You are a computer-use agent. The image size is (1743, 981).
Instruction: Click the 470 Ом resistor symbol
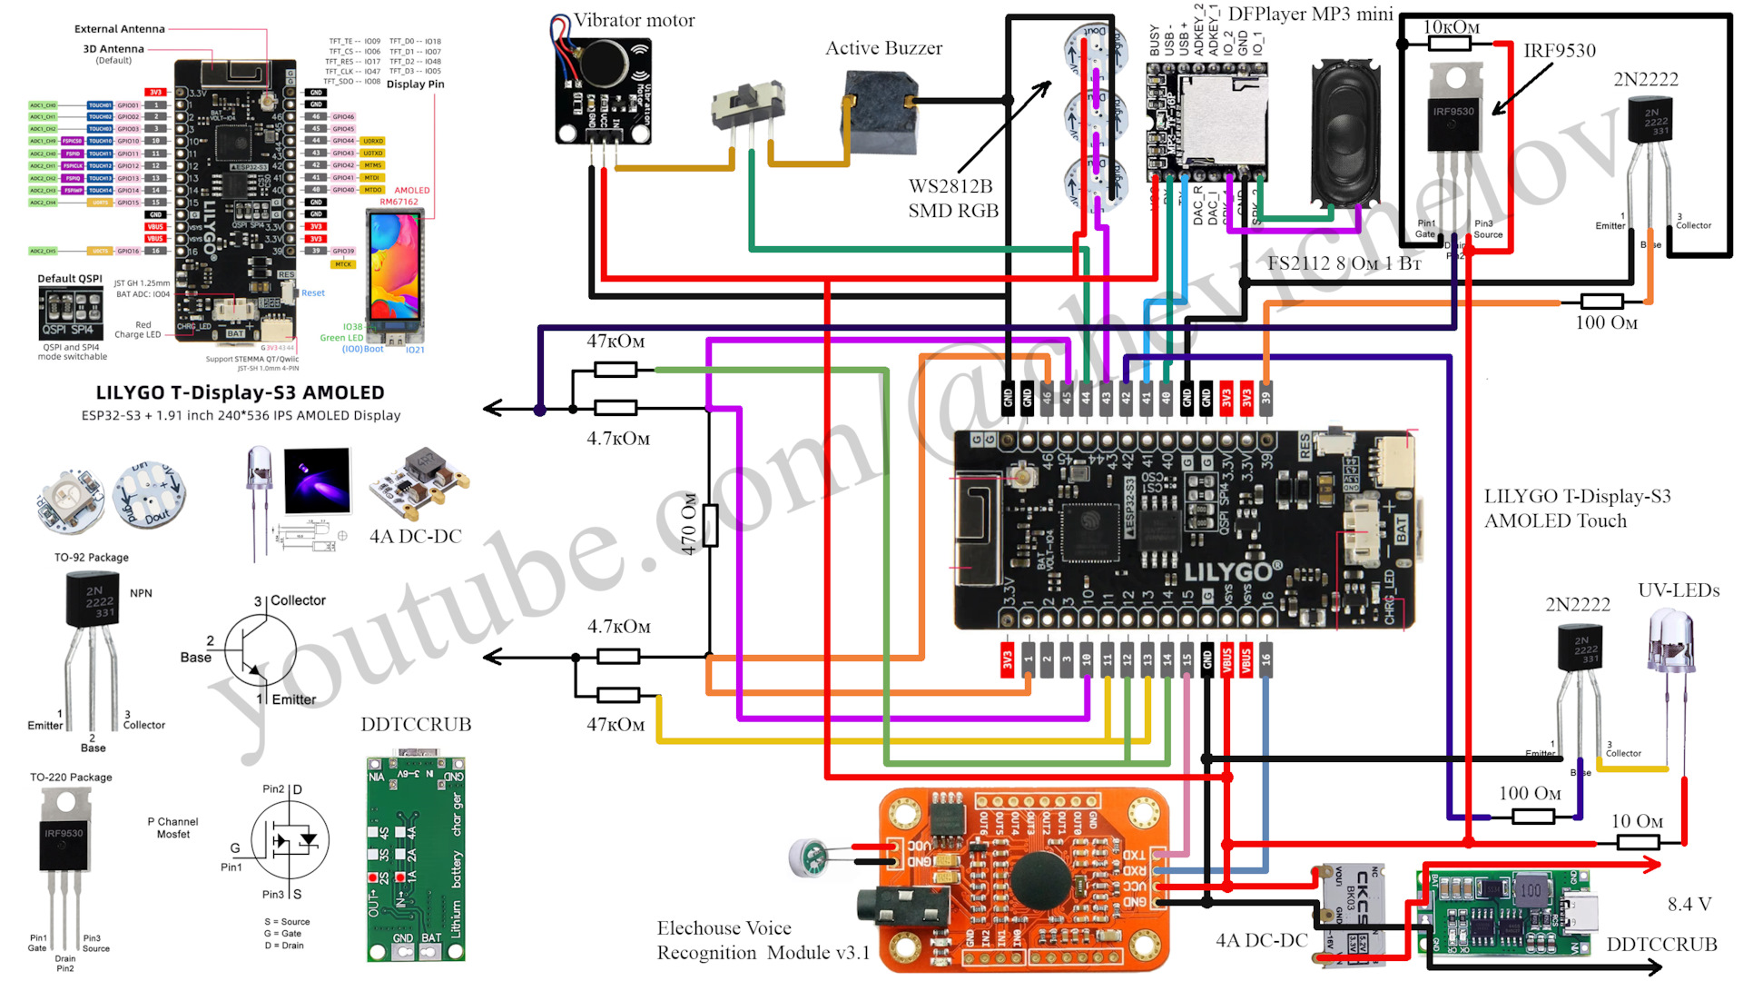point(710,525)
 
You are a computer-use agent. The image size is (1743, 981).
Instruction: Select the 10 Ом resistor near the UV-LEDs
point(1639,842)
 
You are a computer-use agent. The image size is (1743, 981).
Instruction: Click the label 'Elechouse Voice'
point(724,927)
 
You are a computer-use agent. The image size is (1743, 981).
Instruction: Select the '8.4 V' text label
point(1689,904)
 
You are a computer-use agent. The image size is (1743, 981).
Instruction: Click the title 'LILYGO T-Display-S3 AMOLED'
point(240,392)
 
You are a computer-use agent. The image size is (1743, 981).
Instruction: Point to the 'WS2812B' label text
point(950,186)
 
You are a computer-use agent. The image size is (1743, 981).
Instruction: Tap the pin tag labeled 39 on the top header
point(1265,398)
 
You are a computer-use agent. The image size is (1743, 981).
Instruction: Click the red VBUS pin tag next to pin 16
point(1246,660)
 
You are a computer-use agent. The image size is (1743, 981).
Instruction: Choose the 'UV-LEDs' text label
point(1679,590)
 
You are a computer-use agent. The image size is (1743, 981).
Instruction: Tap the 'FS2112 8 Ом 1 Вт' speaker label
point(1344,263)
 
